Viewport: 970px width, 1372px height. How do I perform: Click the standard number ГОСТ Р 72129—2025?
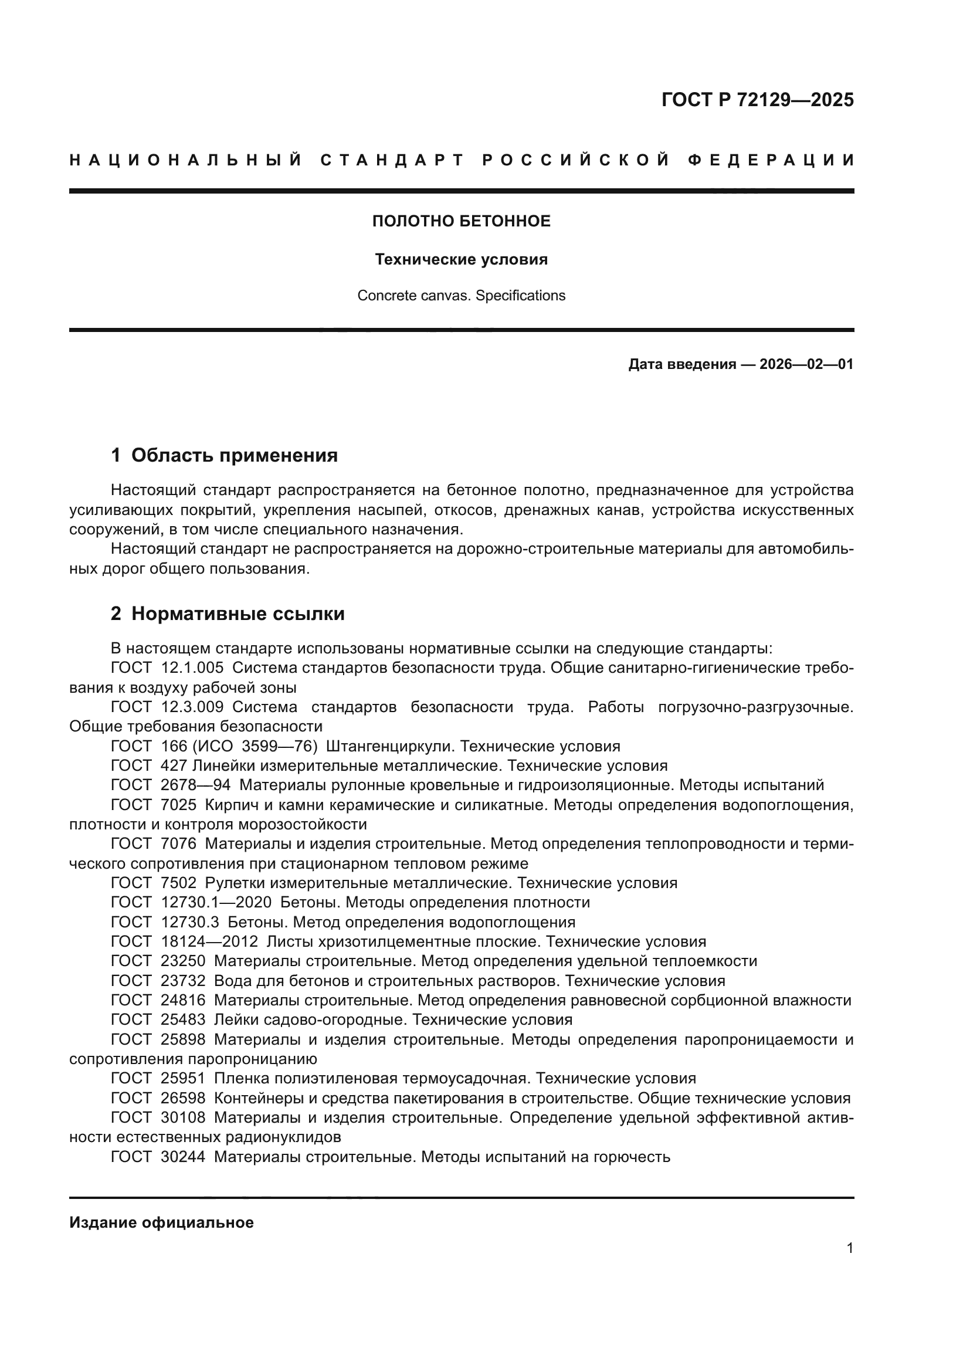tap(757, 100)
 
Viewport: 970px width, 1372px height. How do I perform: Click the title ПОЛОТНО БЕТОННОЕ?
tap(461, 221)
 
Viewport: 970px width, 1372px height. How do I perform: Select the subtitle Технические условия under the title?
tap(461, 259)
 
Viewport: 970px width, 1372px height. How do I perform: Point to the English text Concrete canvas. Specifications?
tap(461, 296)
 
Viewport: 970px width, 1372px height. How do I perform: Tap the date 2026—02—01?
tap(806, 364)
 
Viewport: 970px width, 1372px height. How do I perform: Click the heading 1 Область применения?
tap(225, 455)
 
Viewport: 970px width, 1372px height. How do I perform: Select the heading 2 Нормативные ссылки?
tap(228, 614)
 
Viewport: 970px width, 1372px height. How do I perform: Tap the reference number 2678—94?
tap(196, 785)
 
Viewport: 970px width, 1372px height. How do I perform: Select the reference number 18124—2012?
tap(209, 942)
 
